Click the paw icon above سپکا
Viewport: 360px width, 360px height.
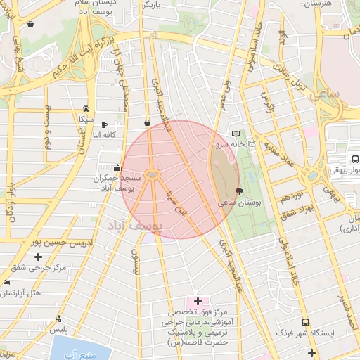pyautogui.click(x=86, y=109)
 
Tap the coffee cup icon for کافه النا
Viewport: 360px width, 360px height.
pyautogui.click(x=105, y=124)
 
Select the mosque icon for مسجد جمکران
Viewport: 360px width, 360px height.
pyautogui.click(x=117, y=168)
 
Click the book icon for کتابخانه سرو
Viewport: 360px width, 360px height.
pyautogui.click(x=236, y=134)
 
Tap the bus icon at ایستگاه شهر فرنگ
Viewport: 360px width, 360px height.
pyautogui.click(x=304, y=321)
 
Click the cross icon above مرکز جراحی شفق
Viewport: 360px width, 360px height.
pyautogui.click(x=38, y=257)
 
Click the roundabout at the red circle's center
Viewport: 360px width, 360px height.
pyautogui.click(x=152, y=174)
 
